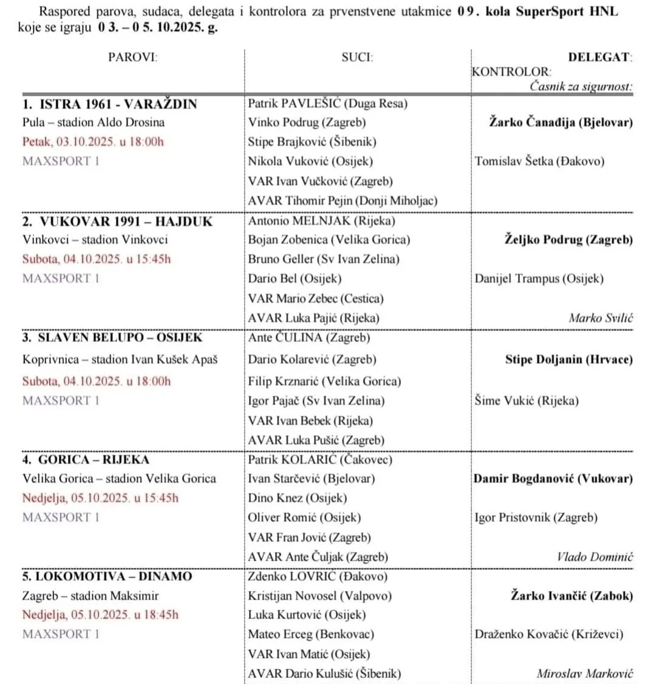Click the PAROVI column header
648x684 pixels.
[x=133, y=58]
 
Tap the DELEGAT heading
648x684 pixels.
[x=599, y=58]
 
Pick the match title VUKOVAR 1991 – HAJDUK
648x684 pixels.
[x=117, y=221]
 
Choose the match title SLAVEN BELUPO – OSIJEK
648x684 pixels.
[x=112, y=337]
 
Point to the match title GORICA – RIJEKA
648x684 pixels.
[x=86, y=459]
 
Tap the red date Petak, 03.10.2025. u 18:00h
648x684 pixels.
[x=93, y=142]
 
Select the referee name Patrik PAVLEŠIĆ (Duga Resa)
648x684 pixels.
[x=327, y=103]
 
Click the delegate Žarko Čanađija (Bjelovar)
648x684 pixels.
[x=561, y=122]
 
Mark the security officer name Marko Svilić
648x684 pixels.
[x=601, y=318]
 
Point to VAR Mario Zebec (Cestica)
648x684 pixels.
[x=316, y=298]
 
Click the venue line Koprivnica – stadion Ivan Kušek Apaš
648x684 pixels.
[x=120, y=360]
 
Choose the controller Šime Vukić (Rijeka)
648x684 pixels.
[x=527, y=401]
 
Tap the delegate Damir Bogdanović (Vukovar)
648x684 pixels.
[x=553, y=479]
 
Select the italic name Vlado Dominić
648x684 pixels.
[x=595, y=556]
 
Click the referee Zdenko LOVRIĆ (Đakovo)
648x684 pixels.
[x=318, y=576]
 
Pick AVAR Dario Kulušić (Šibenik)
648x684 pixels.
[x=324, y=673]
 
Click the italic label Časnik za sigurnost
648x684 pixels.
[x=581, y=86]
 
